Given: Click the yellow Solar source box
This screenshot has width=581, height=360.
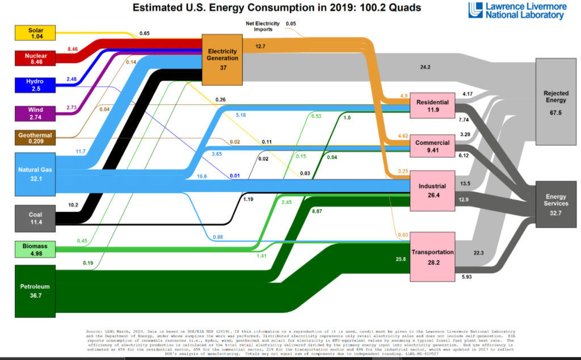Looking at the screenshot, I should tap(35, 32).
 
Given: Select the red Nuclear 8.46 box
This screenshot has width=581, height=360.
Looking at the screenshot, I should tap(35, 58).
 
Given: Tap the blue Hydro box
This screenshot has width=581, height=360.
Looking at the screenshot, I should tap(35, 85).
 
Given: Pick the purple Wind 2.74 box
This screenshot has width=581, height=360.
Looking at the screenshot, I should tap(35, 112).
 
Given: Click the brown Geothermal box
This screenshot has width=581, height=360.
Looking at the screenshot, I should tap(35, 139).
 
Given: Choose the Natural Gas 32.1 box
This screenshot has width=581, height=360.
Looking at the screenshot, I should tap(35, 173).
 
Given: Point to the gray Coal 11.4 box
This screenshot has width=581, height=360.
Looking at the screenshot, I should tap(35, 219).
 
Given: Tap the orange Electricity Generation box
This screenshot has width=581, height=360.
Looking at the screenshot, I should tap(223, 58).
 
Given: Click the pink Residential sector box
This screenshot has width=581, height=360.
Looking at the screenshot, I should tap(433, 106).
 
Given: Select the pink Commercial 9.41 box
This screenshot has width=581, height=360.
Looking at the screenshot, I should tap(433, 146).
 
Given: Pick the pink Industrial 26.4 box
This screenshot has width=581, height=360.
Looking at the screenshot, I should tap(433, 190).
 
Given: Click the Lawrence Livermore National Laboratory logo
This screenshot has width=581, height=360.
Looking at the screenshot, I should tap(516, 11).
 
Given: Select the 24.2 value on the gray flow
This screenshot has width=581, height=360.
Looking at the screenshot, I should tap(426, 67).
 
